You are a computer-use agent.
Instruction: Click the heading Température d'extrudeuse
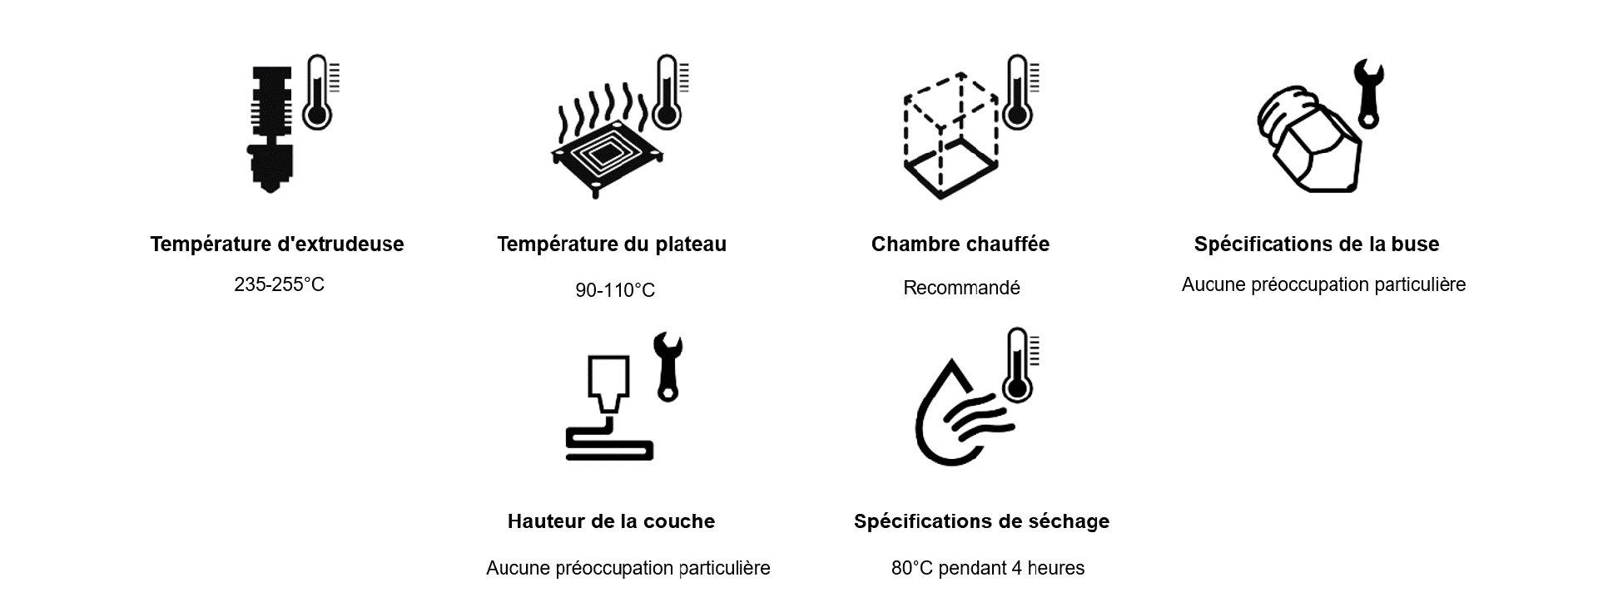(277, 244)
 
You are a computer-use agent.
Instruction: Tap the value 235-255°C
(280, 284)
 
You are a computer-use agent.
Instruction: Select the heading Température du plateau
(612, 244)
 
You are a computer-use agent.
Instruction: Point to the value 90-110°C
(615, 290)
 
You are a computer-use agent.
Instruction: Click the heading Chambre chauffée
(960, 244)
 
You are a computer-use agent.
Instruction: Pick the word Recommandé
(961, 288)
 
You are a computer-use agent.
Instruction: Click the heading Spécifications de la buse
(1317, 244)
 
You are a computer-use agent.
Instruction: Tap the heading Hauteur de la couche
(612, 521)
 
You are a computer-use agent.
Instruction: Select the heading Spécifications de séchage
(982, 521)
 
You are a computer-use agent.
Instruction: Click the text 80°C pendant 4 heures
(988, 568)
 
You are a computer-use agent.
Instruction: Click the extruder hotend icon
(270, 130)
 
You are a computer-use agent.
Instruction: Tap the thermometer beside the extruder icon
(320, 91)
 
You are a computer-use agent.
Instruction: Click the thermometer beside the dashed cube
(1020, 91)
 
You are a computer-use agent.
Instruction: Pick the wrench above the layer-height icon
(668, 367)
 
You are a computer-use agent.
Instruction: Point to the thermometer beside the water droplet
(1020, 365)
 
